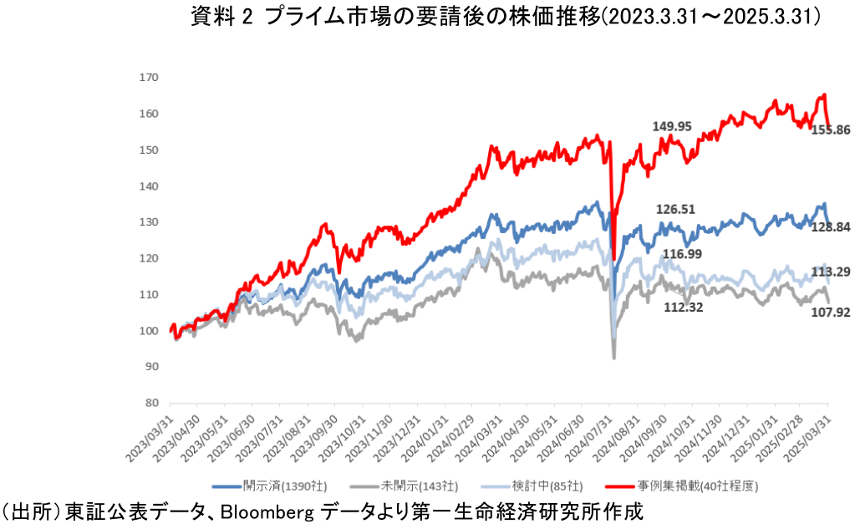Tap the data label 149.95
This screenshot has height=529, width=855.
(672, 126)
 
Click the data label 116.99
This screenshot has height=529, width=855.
(682, 253)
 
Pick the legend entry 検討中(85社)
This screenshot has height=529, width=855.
(550, 484)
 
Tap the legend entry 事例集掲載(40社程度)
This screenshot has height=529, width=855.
(697, 484)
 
